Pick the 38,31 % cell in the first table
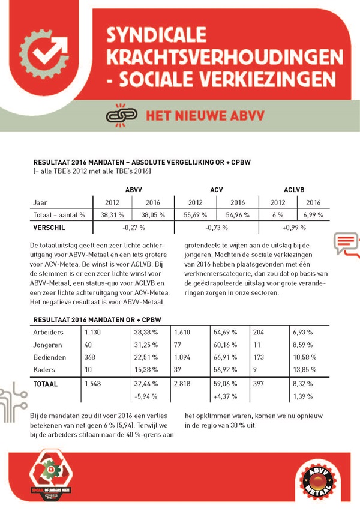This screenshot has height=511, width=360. pos(112,214)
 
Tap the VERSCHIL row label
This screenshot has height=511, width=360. pos(49,228)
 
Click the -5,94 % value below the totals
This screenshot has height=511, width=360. pos(142,396)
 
